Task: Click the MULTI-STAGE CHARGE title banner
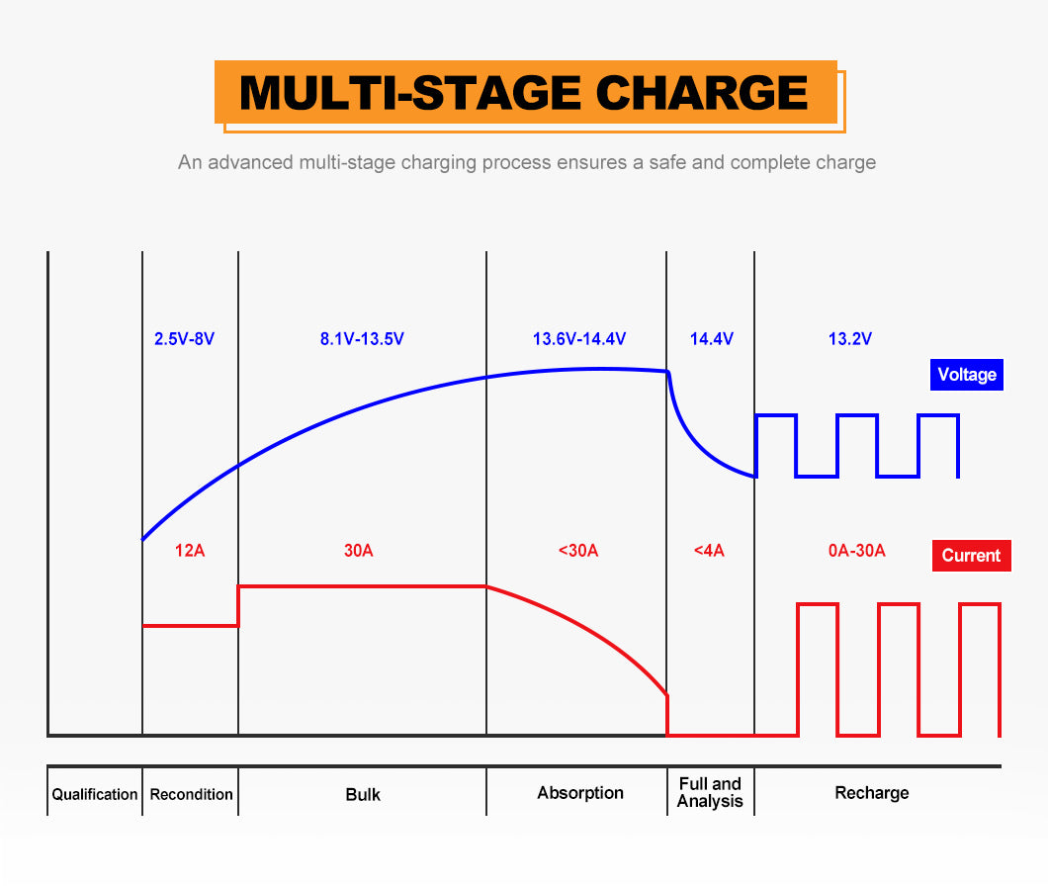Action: pos(525,92)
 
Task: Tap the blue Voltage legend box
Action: pos(967,375)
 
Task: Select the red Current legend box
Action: pos(970,555)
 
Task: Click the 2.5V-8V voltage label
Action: pos(184,339)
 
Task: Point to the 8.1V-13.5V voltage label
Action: pos(362,339)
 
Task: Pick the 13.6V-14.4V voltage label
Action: pos(579,339)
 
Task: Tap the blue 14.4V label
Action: pos(712,339)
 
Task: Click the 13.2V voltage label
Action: pos(850,339)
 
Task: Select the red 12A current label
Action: pos(190,551)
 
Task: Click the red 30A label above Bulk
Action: pos(359,551)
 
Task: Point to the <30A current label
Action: pos(578,551)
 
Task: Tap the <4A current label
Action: pos(709,551)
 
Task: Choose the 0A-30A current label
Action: pos(857,551)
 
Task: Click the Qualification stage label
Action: pos(95,794)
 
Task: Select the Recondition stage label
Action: pos(191,794)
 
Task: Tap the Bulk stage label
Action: pos(363,794)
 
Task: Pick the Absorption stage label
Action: pos(580,793)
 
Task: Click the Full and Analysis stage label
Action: pos(710,793)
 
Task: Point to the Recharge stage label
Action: pos(872,793)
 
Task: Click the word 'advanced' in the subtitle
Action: pos(252,162)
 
